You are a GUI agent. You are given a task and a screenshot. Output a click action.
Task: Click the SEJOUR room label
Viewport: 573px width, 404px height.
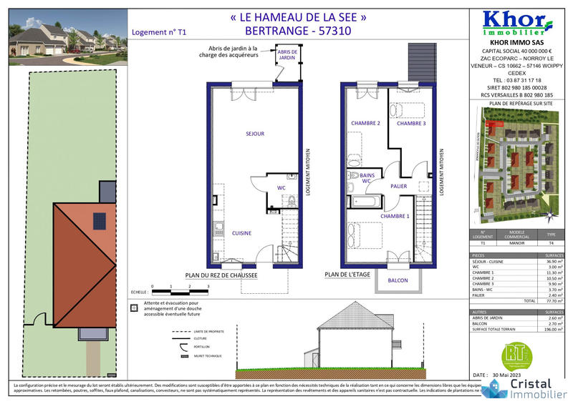click(256, 134)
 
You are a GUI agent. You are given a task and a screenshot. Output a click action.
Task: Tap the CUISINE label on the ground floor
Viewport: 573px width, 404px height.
click(241, 233)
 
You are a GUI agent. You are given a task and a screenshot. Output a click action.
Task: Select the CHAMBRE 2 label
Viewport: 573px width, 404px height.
click(365, 123)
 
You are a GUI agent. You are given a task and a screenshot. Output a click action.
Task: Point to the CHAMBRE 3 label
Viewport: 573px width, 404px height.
click(411, 123)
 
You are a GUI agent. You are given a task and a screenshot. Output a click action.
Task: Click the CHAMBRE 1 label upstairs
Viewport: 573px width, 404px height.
click(395, 216)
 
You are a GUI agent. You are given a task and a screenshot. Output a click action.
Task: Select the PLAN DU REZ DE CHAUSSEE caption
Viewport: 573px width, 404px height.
click(221, 275)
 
